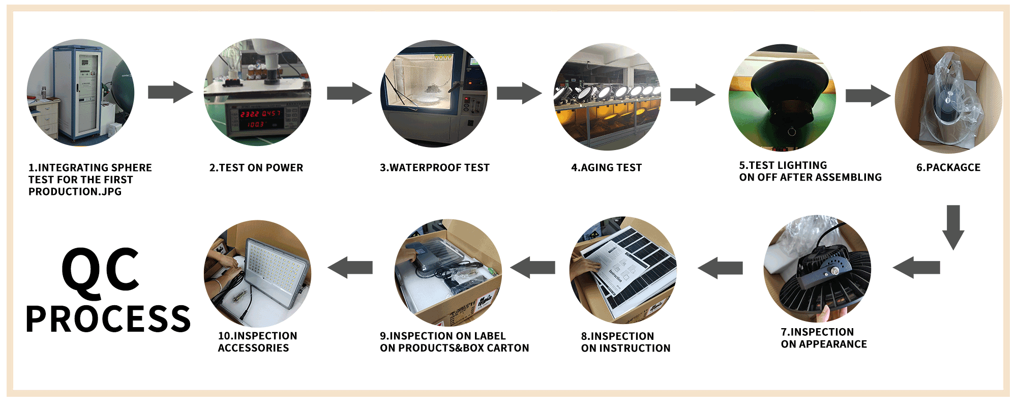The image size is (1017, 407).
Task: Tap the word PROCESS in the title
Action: pos(108,319)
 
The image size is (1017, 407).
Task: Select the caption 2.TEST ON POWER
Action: pos(256,168)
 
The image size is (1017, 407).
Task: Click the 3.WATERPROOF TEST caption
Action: pos(435,168)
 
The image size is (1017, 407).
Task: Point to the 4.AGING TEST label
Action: pos(607,168)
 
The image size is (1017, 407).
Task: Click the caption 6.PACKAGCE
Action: pos(948,168)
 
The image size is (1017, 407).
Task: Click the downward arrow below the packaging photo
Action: pos(953,227)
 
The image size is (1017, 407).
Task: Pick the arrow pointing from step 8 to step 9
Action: pos(532,268)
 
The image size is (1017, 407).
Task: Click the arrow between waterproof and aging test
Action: pos(519,93)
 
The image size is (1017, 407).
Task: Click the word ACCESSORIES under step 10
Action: pos(253,348)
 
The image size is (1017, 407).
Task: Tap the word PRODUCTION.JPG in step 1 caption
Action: pos(75,192)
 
